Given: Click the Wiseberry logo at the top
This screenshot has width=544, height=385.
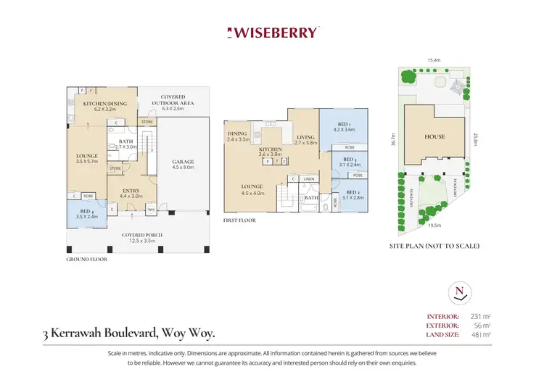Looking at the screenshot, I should pyautogui.click(x=272, y=33).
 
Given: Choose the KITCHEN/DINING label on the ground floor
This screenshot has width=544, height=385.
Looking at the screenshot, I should pyautogui.click(x=105, y=104).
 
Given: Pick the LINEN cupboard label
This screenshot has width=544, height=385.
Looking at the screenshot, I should pyautogui.click(x=308, y=178).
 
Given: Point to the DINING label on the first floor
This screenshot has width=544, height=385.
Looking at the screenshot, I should pyautogui.click(x=237, y=133).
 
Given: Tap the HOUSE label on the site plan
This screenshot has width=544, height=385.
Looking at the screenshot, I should pyautogui.click(x=434, y=136).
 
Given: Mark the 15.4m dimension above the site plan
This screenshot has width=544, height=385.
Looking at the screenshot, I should pyautogui.click(x=434, y=60).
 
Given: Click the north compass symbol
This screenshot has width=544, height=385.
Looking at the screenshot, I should pyautogui.click(x=458, y=293).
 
